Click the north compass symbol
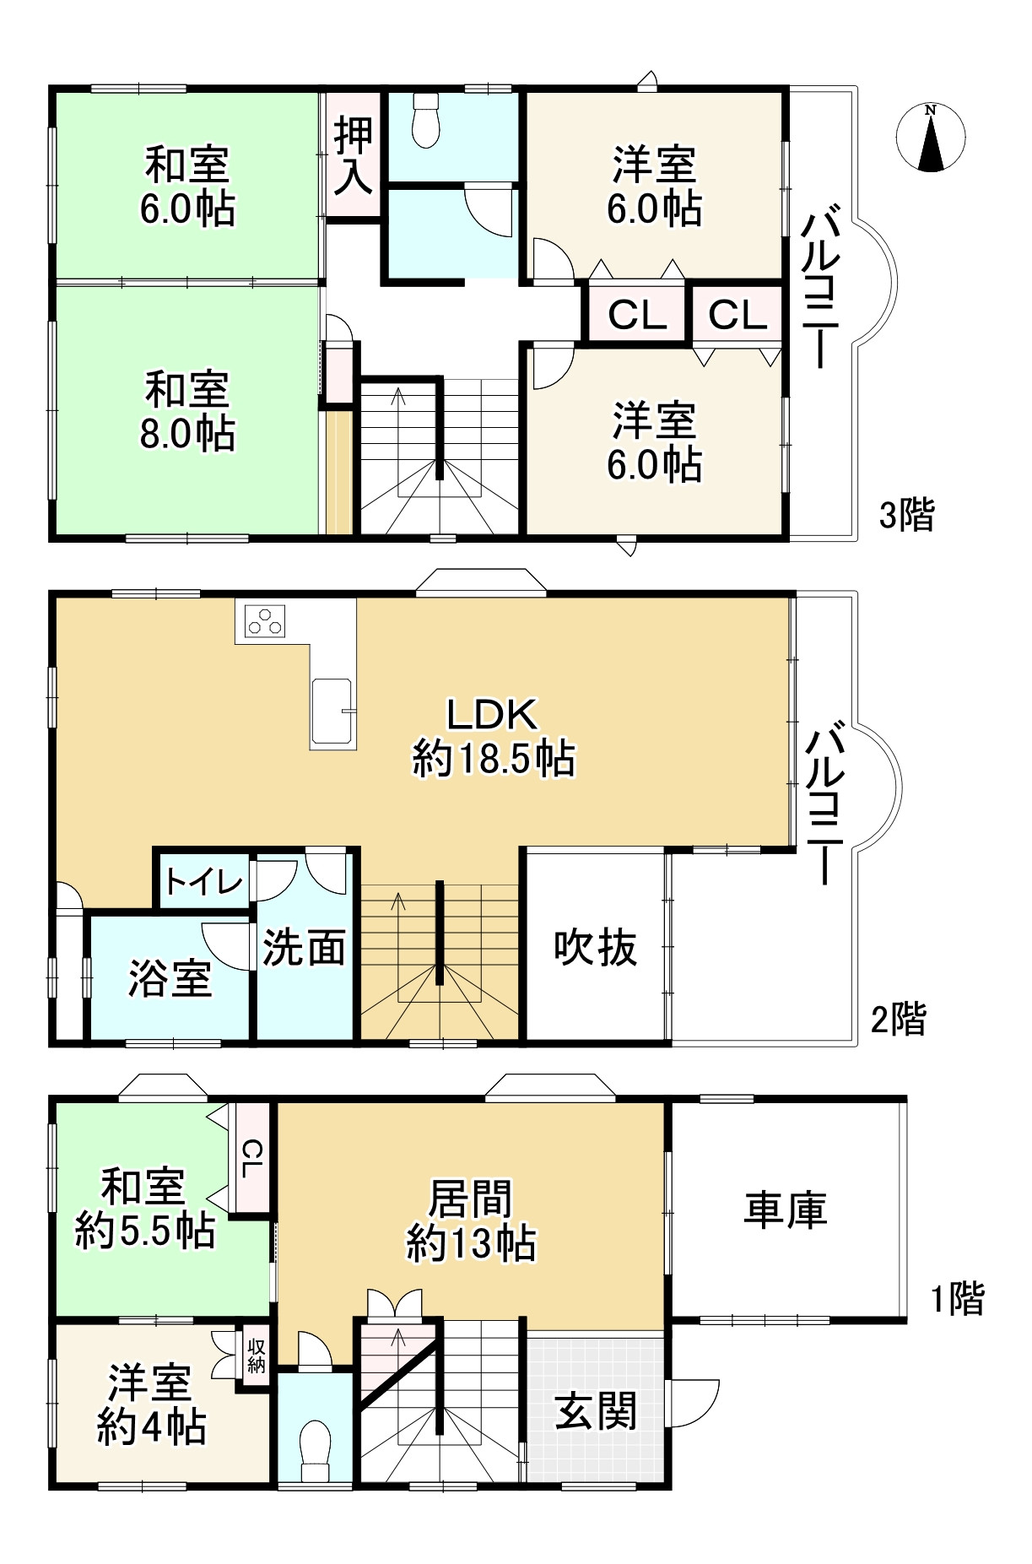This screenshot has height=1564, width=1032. tap(931, 138)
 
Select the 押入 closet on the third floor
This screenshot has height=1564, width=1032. tap(353, 155)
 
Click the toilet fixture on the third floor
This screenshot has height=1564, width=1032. tap(425, 120)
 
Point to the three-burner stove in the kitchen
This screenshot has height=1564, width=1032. tap(265, 621)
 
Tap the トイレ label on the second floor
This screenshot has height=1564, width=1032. tap(203, 882)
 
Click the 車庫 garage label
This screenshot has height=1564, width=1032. tap(785, 1209)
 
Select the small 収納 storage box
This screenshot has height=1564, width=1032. tap(256, 1356)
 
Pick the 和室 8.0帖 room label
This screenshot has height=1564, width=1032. tap(187, 411)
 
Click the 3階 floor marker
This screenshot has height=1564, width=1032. tap(906, 514)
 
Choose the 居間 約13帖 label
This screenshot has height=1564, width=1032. tap(471, 1220)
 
